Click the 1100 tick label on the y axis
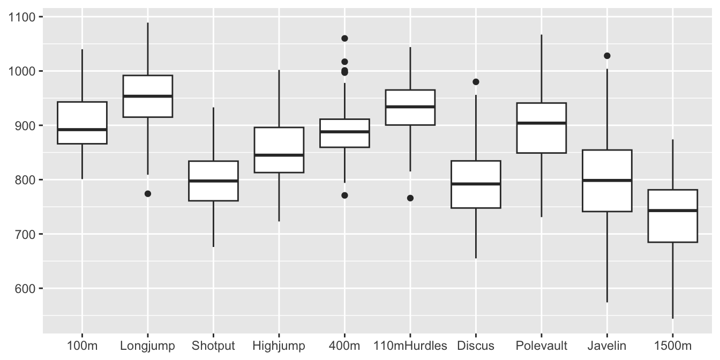[x=21, y=17]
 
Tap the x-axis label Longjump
[x=147, y=346]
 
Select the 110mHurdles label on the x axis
[x=410, y=346]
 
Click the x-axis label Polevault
[x=541, y=346]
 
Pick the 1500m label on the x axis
[x=672, y=346]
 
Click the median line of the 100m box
[x=82, y=130]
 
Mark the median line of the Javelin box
[x=607, y=181]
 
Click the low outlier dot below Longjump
[x=148, y=194]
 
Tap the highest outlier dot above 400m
[x=344, y=39]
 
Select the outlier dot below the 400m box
[x=344, y=196]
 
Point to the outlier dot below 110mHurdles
[x=410, y=198]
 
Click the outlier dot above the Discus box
[x=476, y=82]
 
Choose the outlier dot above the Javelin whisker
[x=607, y=56]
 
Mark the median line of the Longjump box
[x=148, y=96]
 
